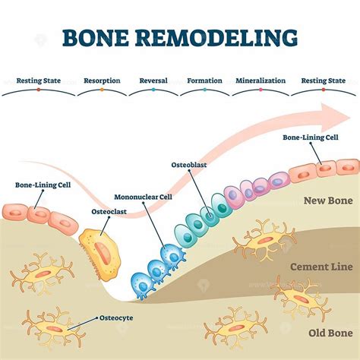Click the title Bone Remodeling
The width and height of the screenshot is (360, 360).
coord(180,36)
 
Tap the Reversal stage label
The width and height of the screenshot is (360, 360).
coord(153,79)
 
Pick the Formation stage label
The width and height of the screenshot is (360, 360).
coord(204,79)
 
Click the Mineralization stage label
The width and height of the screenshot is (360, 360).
coord(261,79)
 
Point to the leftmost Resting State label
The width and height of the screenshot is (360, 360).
coord(39,79)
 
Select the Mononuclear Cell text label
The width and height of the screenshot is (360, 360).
coord(143,196)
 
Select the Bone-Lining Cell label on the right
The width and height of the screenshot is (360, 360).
coord(311,138)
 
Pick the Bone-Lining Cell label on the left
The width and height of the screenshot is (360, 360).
coord(43,185)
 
